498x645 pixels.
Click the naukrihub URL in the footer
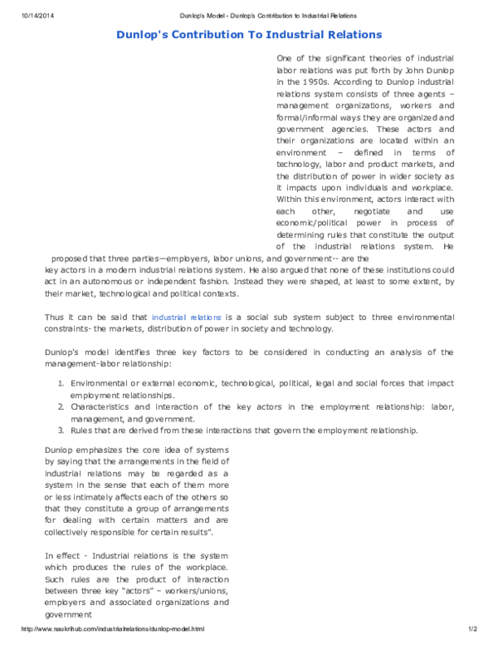coord(112,629)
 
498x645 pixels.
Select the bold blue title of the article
coord(248,34)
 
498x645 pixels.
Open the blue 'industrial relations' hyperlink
coord(186,318)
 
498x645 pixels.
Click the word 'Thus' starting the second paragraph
coord(54,318)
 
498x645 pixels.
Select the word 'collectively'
coord(71,531)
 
